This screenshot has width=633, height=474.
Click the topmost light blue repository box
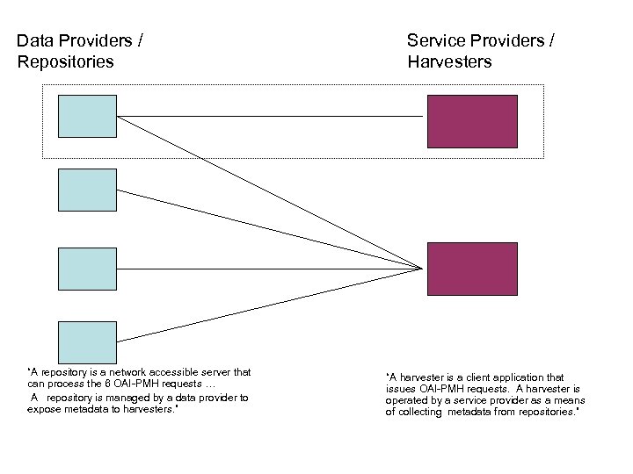point(87,116)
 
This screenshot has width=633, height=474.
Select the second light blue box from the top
point(87,190)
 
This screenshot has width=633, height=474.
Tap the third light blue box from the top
point(87,269)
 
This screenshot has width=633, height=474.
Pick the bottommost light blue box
point(87,342)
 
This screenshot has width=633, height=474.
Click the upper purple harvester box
point(471,121)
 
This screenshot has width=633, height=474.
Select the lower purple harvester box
point(471,269)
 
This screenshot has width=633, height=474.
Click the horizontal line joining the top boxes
point(264,116)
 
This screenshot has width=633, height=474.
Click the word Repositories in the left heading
point(65,61)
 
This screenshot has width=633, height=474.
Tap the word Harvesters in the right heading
point(449,61)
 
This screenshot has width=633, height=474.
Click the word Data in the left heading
point(34,40)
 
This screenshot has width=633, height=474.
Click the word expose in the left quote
point(44,409)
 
